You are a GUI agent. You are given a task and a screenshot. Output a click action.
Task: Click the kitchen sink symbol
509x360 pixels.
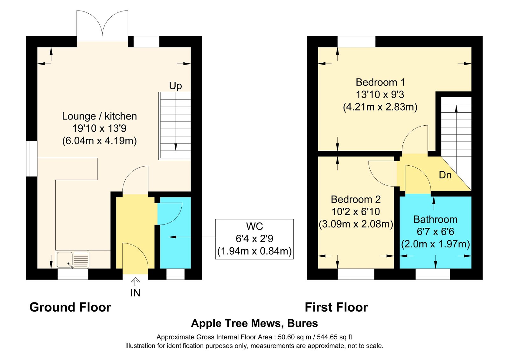[72, 260]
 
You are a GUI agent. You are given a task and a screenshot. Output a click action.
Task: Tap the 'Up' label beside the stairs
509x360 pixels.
[175, 86]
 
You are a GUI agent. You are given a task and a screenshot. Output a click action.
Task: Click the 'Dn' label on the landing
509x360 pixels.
[445, 175]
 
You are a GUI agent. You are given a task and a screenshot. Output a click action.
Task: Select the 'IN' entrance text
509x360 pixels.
[135, 293]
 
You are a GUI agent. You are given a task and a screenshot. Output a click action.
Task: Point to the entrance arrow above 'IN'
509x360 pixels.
[135, 282]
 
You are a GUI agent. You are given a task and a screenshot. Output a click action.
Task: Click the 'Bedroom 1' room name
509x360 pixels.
[380, 82]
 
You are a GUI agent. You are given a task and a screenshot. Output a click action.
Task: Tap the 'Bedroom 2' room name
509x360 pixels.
[356, 199]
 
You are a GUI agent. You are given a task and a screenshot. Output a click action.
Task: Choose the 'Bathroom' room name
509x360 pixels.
[435, 219]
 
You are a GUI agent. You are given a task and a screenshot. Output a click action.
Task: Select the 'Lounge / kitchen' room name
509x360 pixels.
[99, 116]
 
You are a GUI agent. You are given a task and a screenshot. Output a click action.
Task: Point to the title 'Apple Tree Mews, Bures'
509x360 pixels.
[254, 323]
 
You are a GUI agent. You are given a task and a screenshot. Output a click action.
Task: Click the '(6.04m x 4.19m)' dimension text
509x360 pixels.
[100, 141]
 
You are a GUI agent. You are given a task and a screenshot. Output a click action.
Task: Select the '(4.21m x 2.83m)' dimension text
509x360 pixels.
[380, 107]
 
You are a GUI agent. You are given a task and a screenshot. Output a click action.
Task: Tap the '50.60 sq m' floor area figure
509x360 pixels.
[294, 337]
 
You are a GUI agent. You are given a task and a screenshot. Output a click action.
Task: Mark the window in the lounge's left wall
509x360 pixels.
[31, 159]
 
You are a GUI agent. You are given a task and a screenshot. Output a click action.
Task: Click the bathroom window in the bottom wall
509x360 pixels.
[433, 274]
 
